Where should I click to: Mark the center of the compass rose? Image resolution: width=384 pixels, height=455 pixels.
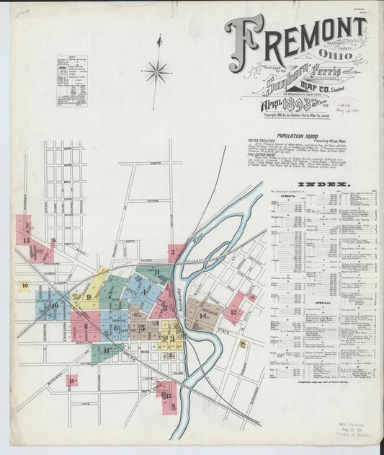(157, 71)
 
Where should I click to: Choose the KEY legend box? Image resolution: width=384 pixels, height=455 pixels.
(71, 81)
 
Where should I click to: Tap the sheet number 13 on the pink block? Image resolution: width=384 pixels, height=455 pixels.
(26, 240)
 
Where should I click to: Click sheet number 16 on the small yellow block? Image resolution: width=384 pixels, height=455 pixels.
(24, 286)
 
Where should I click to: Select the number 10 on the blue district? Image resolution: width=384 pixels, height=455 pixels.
(55, 306)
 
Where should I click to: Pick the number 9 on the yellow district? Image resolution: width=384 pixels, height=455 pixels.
(89, 296)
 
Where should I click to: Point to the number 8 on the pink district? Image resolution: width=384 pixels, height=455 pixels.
(85, 326)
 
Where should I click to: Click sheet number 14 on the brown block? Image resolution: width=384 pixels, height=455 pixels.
(204, 315)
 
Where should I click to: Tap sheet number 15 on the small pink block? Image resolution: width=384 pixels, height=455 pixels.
(71, 380)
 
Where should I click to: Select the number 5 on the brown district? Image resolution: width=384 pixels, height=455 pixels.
(142, 327)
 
